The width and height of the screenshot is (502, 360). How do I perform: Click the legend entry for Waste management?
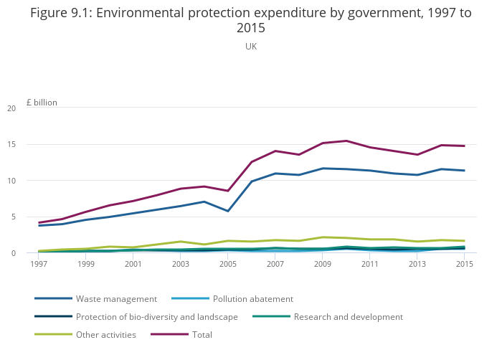(115, 298)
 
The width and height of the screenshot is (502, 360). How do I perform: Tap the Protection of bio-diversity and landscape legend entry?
(156, 316)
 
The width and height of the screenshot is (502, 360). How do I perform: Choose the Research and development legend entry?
(348, 316)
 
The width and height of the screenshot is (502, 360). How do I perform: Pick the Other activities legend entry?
(105, 334)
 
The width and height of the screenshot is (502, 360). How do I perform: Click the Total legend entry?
(202, 334)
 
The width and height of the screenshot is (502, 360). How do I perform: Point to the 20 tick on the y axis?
(31, 108)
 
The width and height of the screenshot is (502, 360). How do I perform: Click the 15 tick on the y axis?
(31, 144)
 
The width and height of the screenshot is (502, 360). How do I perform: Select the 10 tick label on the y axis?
(31, 181)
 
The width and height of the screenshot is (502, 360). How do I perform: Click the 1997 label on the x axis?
(39, 264)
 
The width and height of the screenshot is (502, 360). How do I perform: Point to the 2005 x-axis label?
(228, 264)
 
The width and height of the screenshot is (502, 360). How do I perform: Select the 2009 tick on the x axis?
(323, 264)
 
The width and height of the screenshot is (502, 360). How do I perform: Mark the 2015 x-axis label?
(465, 264)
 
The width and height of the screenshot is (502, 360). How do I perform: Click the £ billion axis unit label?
(42, 103)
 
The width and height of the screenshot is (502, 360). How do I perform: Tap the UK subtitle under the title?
(251, 46)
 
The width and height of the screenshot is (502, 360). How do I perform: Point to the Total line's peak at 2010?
(346, 141)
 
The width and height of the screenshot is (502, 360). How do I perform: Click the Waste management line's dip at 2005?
(228, 211)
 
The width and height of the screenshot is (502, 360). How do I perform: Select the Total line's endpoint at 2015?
(465, 146)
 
